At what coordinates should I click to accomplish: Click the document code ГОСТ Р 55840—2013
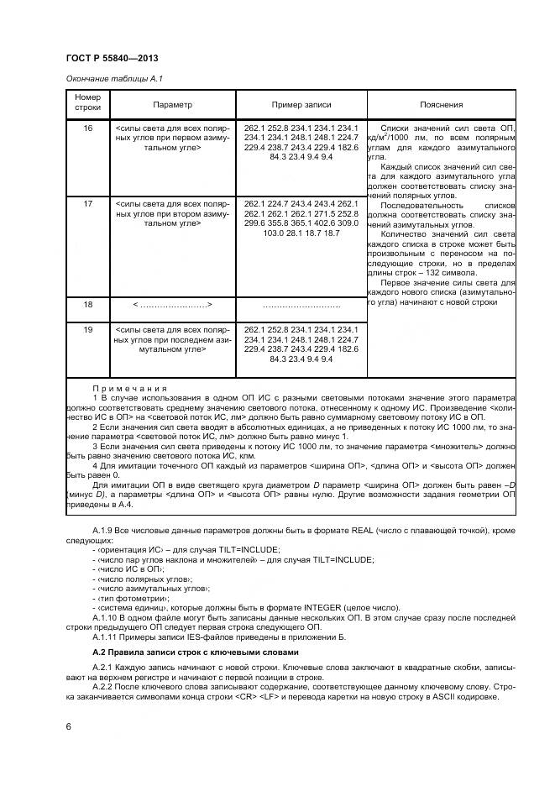click(x=112, y=58)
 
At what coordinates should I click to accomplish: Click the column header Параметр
click(x=172, y=105)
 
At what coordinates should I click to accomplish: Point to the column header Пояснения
click(x=441, y=105)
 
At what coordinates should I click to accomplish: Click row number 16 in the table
click(x=87, y=128)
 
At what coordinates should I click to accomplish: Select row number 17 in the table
click(x=87, y=204)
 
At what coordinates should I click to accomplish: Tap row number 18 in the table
click(x=87, y=306)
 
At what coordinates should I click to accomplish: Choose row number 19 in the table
click(x=87, y=330)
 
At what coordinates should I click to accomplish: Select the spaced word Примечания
click(x=130, y=389)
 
